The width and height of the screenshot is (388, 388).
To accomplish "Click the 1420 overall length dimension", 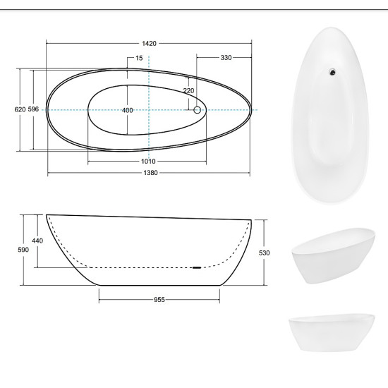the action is pyautogui.click(x=149, y=44).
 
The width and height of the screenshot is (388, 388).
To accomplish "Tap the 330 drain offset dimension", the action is pyautogui.click(x=226, y=58).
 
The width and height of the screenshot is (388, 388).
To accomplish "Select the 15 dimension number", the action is pyautogui.click(x=139, y=58).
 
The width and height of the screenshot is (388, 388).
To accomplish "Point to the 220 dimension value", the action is pyautogui.click(x=188, y=91).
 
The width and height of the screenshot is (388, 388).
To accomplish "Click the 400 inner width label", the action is pyautogui.click(x=128, y=110).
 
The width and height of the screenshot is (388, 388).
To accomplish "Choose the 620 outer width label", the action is pyautogui.click(x=20, y=109).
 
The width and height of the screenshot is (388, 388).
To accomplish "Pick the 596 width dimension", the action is pyautogui.click(x=33, y=109).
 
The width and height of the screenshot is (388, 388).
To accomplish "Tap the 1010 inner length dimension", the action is pyautogui.click(x=148, y=162).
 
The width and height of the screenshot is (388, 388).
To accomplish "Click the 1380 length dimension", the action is pyautogui.click(x=150, y=173).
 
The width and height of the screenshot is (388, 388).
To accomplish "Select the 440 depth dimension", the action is pyautogui.click(x=37, y=241).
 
